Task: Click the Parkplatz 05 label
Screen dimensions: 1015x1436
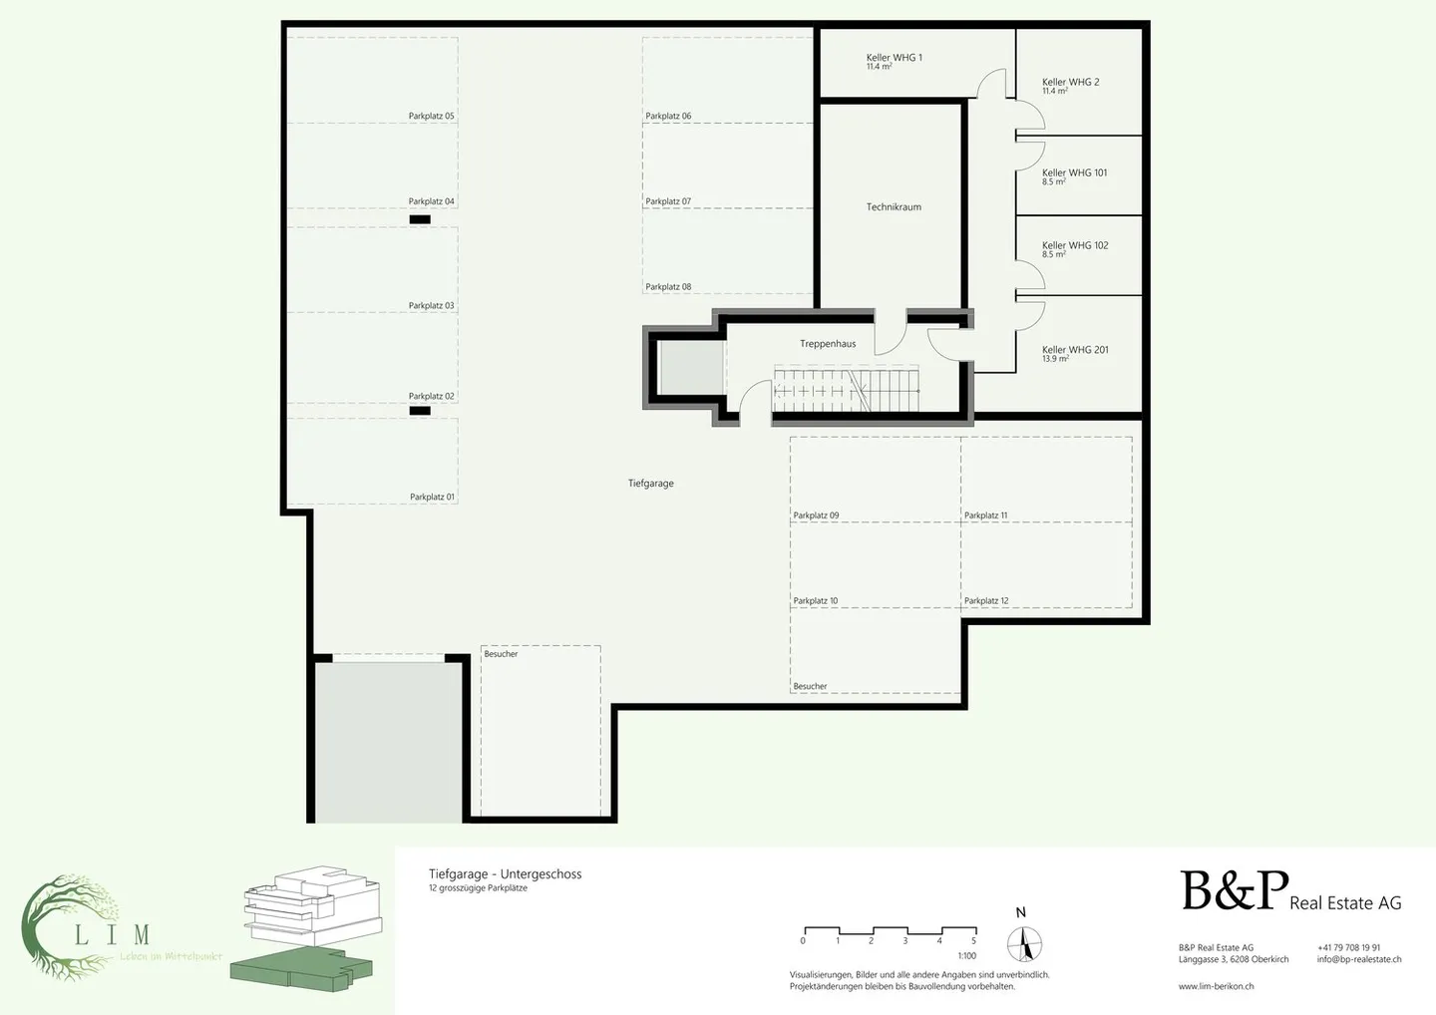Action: coord(431,117)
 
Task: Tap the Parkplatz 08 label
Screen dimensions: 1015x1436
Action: coord(668,287)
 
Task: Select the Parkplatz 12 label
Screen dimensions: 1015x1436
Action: coord(986,601)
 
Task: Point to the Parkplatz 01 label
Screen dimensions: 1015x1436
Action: coord(432,498)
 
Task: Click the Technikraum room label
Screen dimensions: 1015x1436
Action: coord(894,207)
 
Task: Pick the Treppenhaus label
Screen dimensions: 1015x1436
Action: coord(828,344)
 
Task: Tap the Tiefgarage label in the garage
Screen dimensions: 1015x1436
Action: coord(650,484)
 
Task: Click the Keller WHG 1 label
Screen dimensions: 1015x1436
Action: coord(894,58)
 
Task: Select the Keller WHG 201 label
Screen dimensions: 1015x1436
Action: coord(1075,350)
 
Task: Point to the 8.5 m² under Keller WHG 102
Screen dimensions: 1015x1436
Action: coord(1054,255)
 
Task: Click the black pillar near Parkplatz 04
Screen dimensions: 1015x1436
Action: coord(420,219)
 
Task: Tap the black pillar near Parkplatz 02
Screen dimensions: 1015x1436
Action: coord(420,411)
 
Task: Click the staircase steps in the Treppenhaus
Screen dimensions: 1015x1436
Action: coord(848,391)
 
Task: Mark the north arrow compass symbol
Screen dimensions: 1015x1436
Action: coord(1024,943)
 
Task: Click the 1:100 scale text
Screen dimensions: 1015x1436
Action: coord(966,956)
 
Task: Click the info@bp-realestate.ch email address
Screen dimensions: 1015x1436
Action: coord(1358,959)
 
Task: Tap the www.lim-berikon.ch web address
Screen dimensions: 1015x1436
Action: coord(1216,986)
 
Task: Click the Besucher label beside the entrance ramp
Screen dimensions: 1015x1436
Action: coord(501,654)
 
